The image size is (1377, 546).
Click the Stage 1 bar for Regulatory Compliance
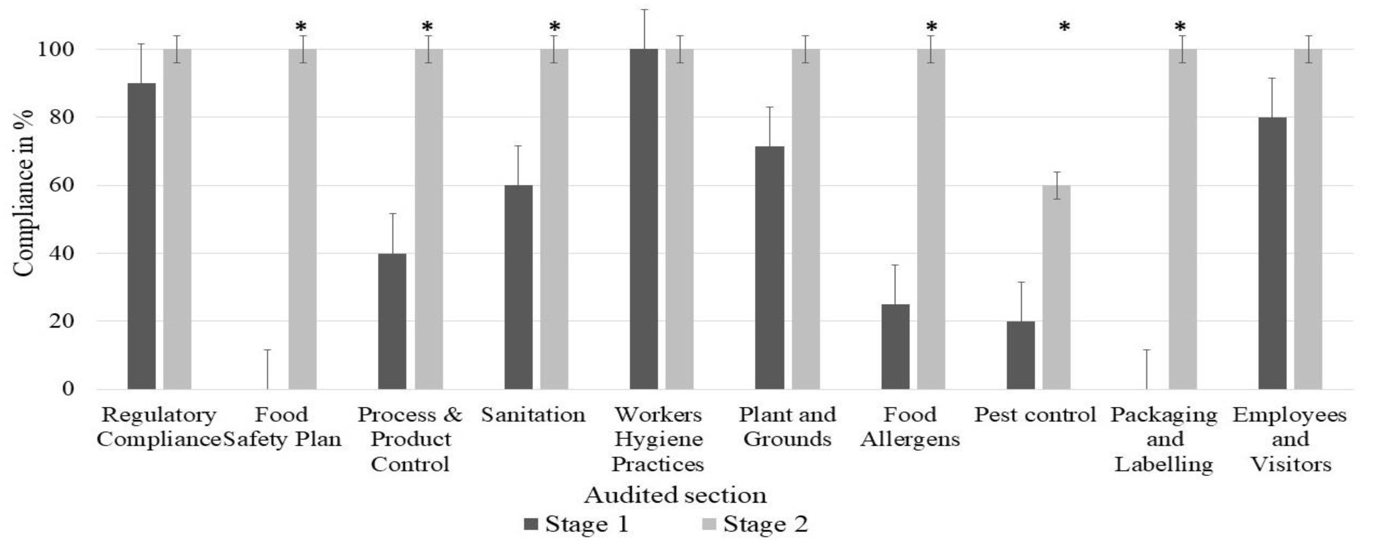(142, 235)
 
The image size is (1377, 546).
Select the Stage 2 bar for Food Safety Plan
(303, 219)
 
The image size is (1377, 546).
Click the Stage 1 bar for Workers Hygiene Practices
(644, 219)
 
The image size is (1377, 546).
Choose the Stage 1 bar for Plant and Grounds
(770, 267)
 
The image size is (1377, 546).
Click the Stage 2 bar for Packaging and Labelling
(1183, 219)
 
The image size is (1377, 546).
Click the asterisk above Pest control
(1064, 27)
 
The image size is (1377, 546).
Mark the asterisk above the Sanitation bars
(555, 27)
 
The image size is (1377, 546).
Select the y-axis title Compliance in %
(24, 193)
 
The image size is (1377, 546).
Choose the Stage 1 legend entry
(577, 524)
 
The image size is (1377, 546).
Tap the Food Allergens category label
(910, 427)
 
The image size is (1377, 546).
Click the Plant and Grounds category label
(787, 427)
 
